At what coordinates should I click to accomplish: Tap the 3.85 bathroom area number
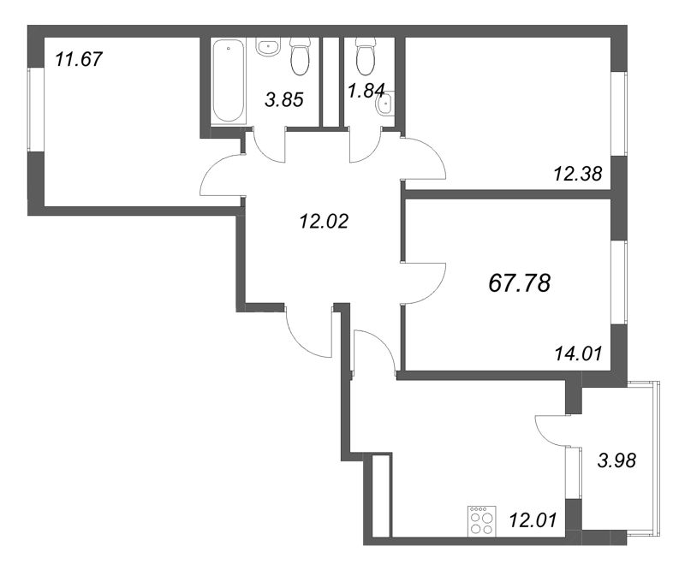pos(283,99)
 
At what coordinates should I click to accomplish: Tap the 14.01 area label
pos(579,350)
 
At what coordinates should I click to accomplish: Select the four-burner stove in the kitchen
pos(480,520)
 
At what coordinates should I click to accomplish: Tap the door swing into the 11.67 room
pos(220,176)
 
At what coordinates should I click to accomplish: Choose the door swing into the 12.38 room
pos(424,158)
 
